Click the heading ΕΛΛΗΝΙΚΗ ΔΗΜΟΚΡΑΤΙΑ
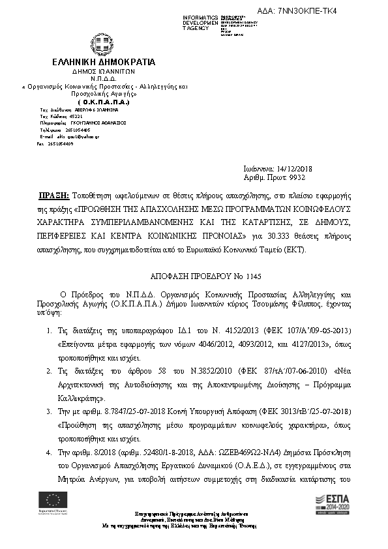[104, 62]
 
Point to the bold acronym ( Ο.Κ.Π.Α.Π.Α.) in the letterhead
[104, 102]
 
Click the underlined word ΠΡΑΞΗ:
[54, 195]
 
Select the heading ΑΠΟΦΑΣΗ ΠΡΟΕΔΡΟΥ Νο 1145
[194, 276]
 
